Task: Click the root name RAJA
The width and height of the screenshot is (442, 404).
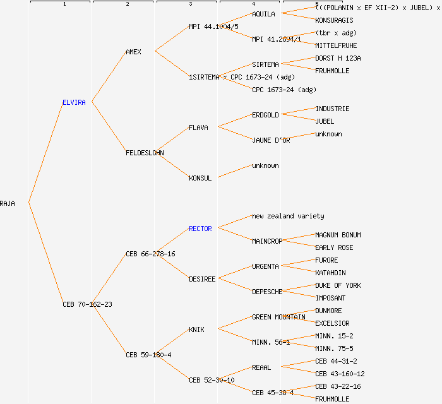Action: (8, 203)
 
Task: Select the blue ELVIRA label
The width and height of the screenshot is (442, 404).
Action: (74, 102)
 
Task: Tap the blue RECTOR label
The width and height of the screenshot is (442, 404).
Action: (200, 229)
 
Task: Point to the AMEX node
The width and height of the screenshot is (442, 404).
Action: (133, 52)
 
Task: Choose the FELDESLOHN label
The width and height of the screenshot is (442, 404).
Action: (145, 153)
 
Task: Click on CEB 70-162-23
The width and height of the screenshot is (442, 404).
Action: (87, 304)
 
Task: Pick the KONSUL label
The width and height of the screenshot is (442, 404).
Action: (200, 178)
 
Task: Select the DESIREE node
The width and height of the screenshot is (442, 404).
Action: (202, 279)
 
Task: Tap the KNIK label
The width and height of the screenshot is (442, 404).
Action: (196, 330)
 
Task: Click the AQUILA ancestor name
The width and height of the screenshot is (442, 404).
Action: (263, 14)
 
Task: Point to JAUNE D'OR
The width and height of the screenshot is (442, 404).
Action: (271, 140)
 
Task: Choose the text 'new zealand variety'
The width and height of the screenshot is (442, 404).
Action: (288, 216)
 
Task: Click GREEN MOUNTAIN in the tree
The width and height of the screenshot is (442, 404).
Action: (278, 317)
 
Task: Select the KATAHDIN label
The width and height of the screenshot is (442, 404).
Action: (330, 273)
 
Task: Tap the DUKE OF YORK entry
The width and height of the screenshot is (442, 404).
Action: (338, 285)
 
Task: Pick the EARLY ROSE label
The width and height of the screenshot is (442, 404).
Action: (334, 247)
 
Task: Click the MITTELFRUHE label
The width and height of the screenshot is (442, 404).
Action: (336, 45)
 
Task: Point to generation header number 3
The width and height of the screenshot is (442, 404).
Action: (190, 4)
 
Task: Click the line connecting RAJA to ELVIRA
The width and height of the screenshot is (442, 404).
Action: (45, 153)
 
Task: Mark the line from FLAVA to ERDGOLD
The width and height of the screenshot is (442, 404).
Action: (234, 121)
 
